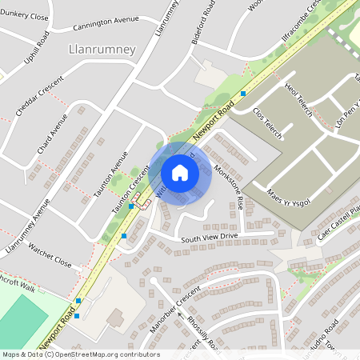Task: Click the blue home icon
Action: (180, 172)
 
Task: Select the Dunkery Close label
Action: (25, 14)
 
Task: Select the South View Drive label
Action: (210, 237)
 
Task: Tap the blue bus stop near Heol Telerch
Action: (242, 94)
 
